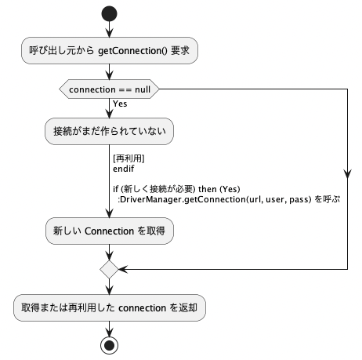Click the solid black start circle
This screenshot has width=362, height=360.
[109, 13]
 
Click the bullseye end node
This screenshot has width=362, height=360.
[109, 345]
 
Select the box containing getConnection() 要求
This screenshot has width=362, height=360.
[110, 50]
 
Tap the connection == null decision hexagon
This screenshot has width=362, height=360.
[109, 89]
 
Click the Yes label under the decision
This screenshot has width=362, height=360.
[120, 104]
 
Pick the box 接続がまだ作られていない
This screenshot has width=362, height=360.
[109, 131]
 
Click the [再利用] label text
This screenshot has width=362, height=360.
[129, 158]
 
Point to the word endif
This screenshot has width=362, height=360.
[124, 169]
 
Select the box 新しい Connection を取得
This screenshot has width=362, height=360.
[110, 231]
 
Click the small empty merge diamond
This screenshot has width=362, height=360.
[109, 269]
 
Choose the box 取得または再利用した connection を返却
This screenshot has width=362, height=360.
[110, 307]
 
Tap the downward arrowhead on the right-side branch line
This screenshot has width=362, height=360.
[347, 174]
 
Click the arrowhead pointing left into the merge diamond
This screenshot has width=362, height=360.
[123, 269]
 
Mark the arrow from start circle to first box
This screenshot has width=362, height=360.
[109, 29]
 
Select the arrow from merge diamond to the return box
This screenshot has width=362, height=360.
[109, 286]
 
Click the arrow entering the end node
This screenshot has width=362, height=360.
[109, 329]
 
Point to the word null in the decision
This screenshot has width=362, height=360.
[143, 89]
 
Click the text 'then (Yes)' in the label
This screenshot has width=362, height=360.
[219, 189]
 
